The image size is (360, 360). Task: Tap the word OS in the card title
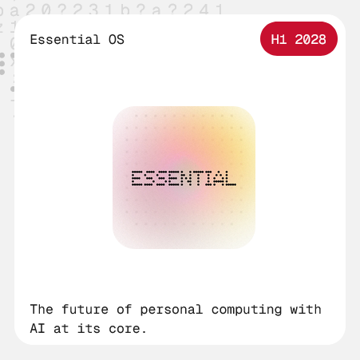coord(115,39)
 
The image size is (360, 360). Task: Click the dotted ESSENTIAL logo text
coord(184,178)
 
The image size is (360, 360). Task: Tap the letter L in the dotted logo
coord(230,178)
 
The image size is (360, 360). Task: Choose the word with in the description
coord(306,309)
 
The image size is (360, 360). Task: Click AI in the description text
coord(38,327)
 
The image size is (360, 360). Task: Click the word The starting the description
coord(42,309)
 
